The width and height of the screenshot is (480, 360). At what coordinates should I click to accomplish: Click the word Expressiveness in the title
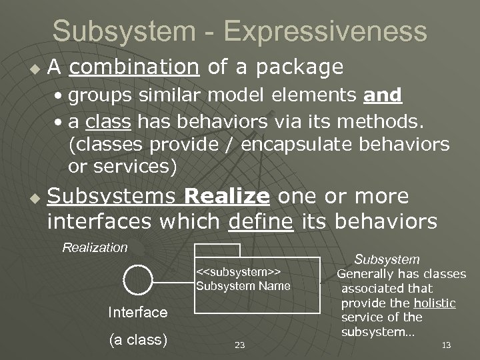[x=325, y=31]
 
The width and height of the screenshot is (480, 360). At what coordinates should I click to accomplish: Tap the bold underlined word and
[x=383, y=95]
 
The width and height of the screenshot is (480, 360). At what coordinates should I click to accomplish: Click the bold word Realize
[x=227, y=197]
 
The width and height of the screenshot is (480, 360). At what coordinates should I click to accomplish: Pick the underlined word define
[x=260, y=221]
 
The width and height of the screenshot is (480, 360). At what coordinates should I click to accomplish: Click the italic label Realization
[x=95, y=248]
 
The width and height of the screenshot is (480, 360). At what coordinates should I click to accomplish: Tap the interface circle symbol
[x=138, y=280]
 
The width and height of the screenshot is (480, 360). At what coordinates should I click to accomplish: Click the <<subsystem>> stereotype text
[x=238, y=272]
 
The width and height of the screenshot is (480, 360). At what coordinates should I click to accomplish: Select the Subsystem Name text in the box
[x=243, y=286]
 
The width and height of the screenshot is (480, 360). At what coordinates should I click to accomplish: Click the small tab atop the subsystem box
[x=217, y=251]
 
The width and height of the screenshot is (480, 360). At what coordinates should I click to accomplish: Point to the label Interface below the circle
[x=137, y=312]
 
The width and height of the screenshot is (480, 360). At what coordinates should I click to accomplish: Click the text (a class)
[x=137, y=339]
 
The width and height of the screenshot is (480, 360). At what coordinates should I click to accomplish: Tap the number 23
[x=240, y=345]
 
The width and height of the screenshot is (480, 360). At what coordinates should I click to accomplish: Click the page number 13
[x=446, y=345]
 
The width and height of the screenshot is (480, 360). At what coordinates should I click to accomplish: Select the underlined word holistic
[x=434, y=303]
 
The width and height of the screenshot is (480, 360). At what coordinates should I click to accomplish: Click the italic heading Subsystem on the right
[x=387, y=259]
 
